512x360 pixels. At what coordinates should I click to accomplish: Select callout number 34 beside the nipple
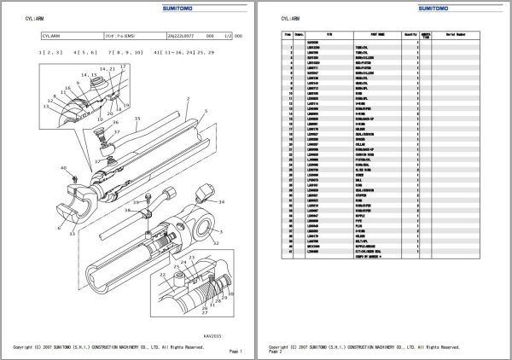point(221,202)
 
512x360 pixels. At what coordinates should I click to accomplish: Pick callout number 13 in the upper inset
point(45,107)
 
